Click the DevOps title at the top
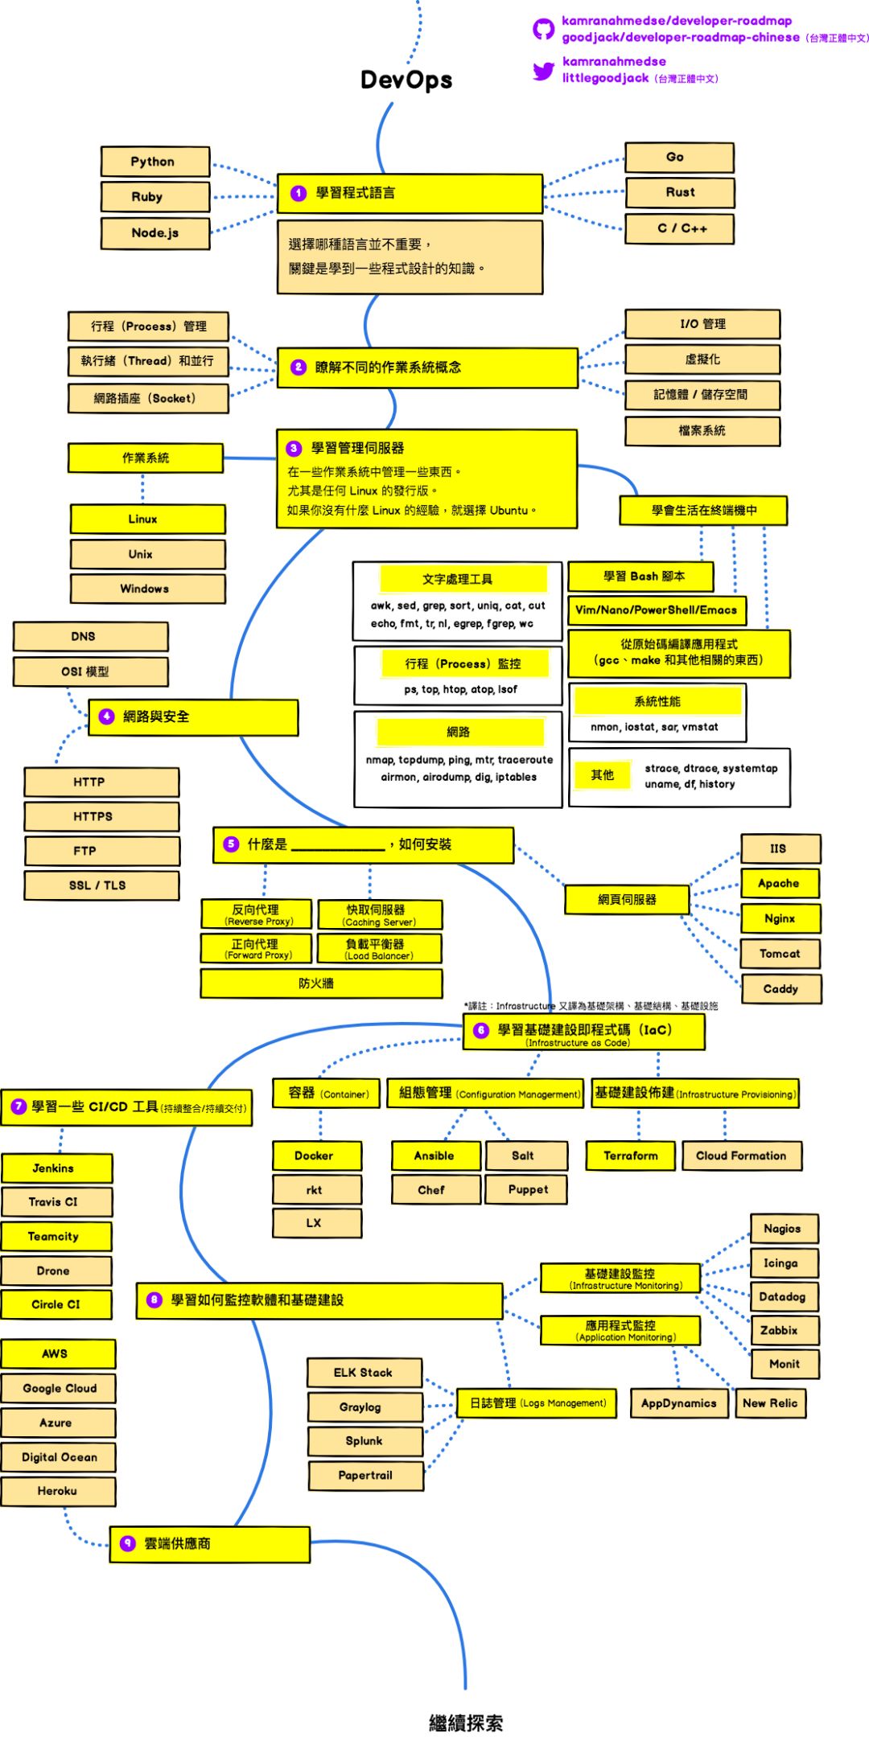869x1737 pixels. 406,80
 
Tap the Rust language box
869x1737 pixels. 680,192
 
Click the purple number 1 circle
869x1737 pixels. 299,193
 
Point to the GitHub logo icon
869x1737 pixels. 544,30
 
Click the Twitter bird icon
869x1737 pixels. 544,71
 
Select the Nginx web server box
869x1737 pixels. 780,918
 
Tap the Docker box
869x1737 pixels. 316,1156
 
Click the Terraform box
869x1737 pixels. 631,1156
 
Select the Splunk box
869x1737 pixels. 364,1441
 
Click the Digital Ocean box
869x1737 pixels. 58,1456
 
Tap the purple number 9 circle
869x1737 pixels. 127,1543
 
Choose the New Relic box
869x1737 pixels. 770,1403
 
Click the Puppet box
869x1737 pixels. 527,1189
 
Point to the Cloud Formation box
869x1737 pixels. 741,1156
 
